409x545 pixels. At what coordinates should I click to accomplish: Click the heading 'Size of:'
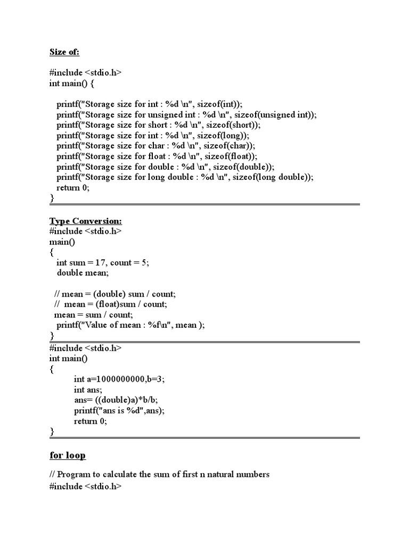(x=64, y=52)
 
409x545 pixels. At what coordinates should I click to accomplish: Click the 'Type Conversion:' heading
(x=86, y=221)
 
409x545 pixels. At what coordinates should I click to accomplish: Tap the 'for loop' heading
(x=68, y=455)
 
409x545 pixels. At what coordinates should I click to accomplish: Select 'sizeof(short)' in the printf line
(x=228, y=125)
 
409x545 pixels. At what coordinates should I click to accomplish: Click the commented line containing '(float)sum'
(x=110, y=304)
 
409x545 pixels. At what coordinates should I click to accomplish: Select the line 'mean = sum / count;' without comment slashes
(x=94, y=315)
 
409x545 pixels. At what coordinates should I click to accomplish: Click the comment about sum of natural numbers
(x=159, y=474)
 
